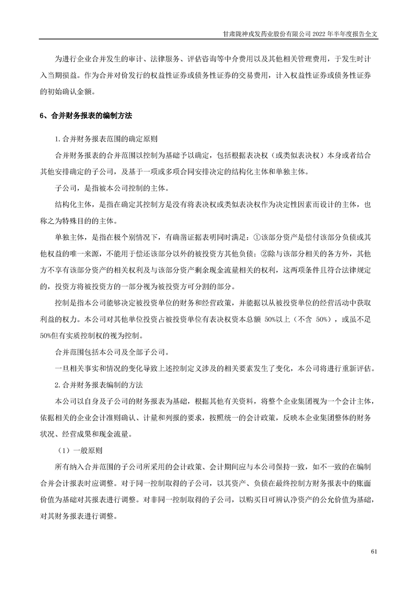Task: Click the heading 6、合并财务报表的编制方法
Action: pyautogui.click(x=86, y=115)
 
